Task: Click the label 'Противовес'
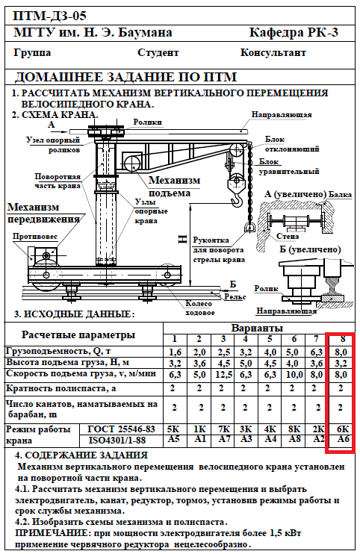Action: (35, 237)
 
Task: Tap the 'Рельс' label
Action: (235, 297)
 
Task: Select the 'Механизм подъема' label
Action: (174, 186)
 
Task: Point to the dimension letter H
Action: (182, 239)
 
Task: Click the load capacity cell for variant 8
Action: (341, 352)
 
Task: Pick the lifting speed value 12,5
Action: (223, 374)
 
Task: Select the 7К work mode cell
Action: (223, 429)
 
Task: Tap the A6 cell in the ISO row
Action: (341, 439)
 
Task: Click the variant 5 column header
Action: (269, 340)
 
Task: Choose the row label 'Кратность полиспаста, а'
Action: (61, 388)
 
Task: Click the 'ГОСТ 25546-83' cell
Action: (121, 429)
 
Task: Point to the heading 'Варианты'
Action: (257, 328)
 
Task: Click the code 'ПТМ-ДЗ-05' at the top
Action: (49, 16)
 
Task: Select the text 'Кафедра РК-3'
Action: (294, 33)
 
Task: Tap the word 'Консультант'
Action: (273, 53)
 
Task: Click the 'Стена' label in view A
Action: (288, 236)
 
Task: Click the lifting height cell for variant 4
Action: (246, 363)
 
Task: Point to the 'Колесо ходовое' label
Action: (199, 308)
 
